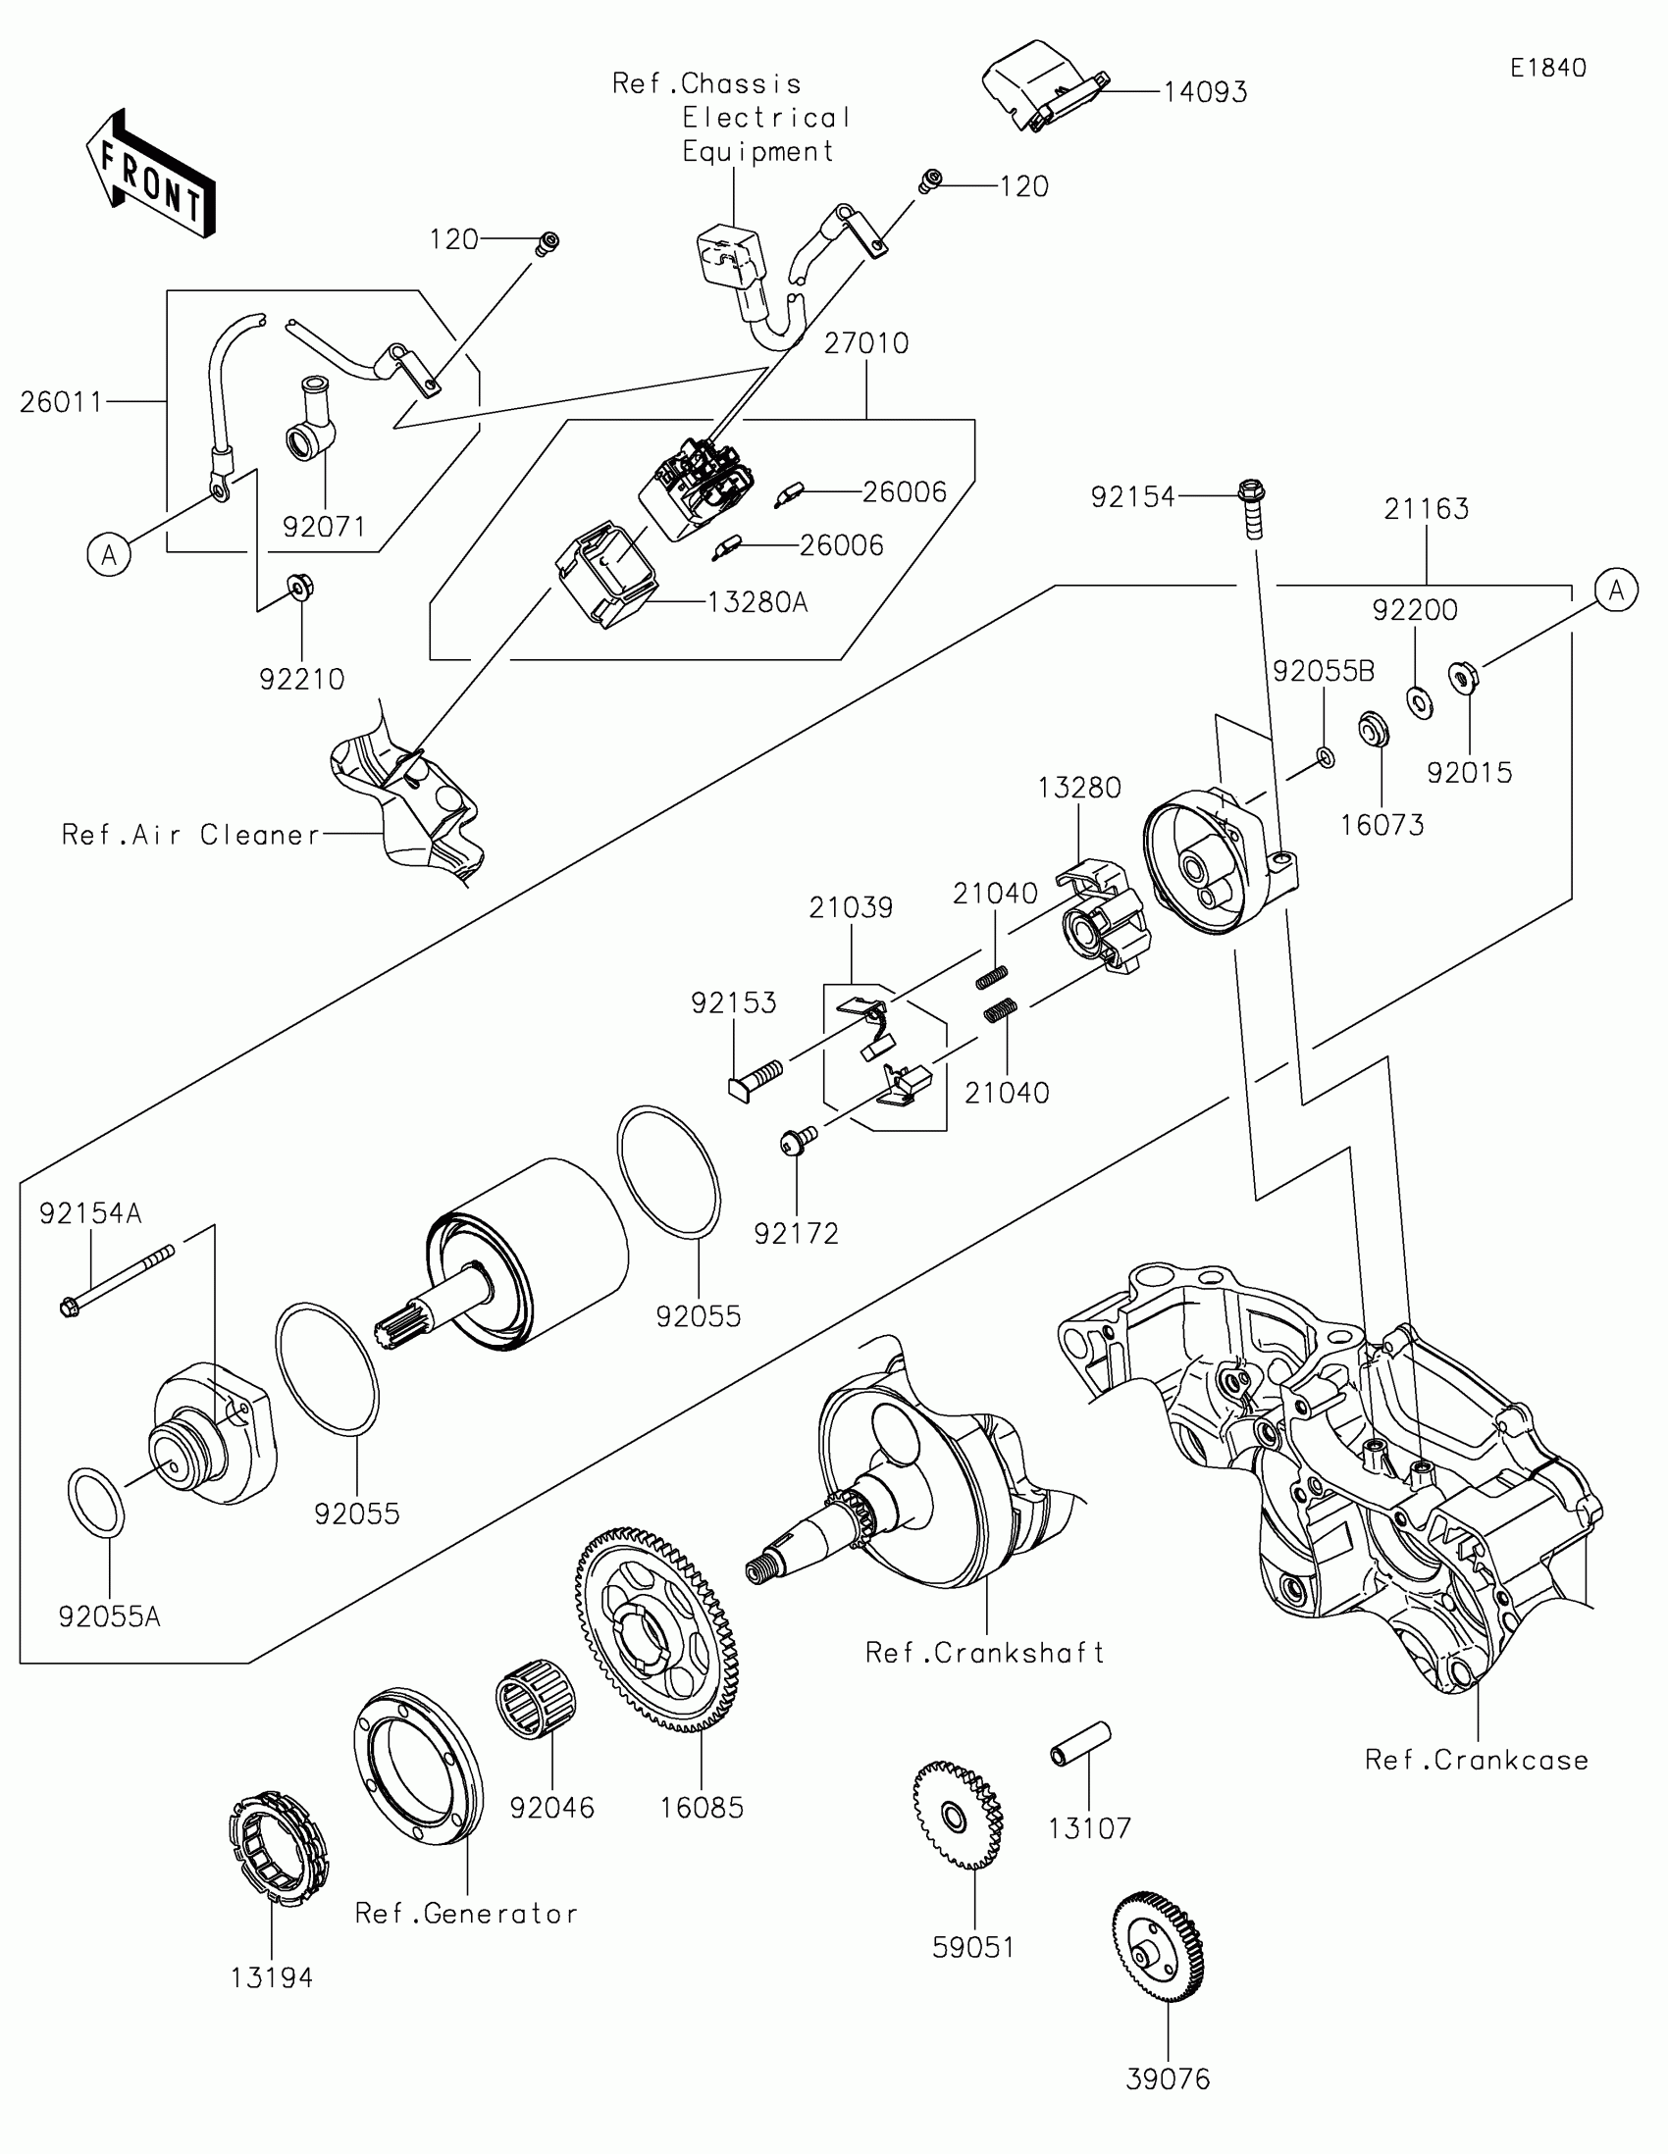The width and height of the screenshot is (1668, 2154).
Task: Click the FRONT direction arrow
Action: pyautogui.click(x=150, y=173)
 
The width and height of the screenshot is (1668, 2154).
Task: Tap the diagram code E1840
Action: pyautogui.click(x=1547, y=68)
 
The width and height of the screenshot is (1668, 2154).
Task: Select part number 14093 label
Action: pyautogui.click(x=1206, y=92)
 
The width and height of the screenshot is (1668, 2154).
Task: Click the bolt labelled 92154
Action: pyautogui.click(x=1252, y=507)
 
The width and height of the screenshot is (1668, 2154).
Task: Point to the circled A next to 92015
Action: pyautogui.click(x=1616, y=590)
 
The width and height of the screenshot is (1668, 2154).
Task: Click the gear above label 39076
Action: pyautogui.click(x=1158, y=1947)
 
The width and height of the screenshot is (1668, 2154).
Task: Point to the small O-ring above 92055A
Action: pyautogui.click(x=96, y=1502)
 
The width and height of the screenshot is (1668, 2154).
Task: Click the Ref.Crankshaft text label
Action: pyautogui.click(x=984, y=1652)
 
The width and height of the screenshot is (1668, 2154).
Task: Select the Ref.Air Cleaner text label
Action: pyautogui.click(x=191, y=835)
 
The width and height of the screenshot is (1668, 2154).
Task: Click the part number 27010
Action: pyautogui.click(x=866, y=343)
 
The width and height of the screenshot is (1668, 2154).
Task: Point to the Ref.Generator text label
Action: pyautogui.click(x=467, y=1914)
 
